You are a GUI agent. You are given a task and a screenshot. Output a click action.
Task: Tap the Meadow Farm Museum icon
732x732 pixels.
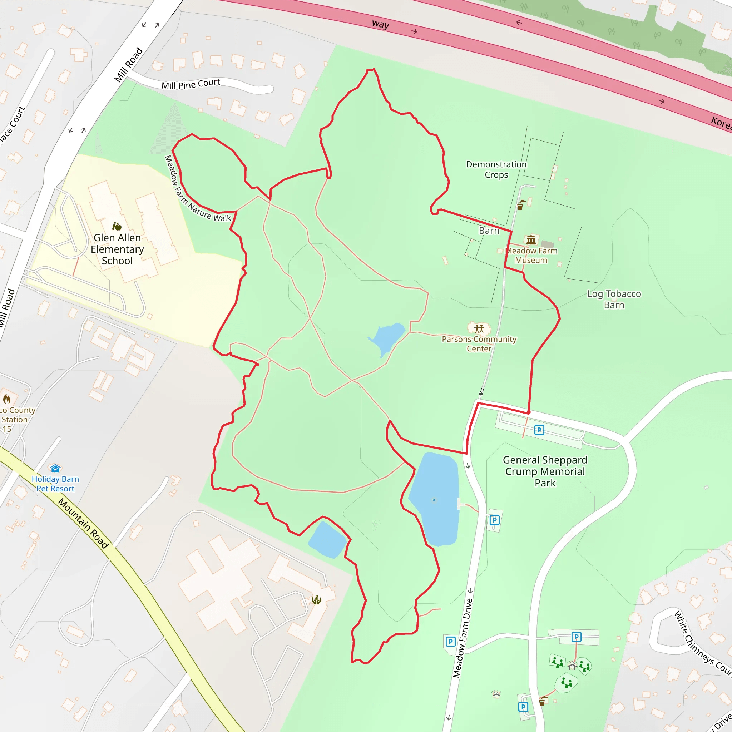coord(531,239)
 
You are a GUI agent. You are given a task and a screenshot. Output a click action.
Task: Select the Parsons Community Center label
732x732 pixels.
coord(479,343)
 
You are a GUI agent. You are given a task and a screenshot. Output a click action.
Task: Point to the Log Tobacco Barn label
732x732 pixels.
coord(614,299)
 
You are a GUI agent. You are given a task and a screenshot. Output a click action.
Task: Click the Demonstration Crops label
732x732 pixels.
coord(496,169)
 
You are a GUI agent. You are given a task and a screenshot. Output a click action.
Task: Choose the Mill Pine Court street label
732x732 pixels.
coord(191,84)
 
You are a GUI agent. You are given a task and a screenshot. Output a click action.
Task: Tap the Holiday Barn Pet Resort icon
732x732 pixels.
coord(55,468)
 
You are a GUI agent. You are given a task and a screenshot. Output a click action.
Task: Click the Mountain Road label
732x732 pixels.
coord(83,524)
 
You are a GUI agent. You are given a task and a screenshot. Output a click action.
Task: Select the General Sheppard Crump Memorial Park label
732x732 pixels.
coord(545,471)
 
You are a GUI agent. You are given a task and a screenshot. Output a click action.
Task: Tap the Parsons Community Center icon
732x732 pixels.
coord(479,328)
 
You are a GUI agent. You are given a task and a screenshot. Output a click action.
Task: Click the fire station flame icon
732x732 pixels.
coord(7,399)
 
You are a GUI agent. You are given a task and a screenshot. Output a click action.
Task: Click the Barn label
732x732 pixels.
coord(489,231)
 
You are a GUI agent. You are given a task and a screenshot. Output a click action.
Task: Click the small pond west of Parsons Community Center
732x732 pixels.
coord(387,337)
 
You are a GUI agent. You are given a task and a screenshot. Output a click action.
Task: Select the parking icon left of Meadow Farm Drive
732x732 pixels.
coord(450,642)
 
